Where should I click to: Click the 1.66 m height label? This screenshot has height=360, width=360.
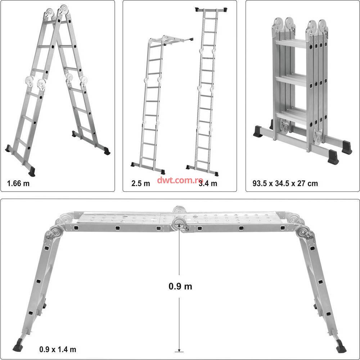pyautogui.click(x=18, y=184)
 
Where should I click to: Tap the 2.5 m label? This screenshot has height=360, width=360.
pyautogui.click(x=141, y=184)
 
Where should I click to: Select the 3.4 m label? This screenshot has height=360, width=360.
pyautogui.click(x=208, y=184)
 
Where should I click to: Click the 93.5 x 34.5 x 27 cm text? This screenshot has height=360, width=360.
pyautogui.click(x=285, y=184)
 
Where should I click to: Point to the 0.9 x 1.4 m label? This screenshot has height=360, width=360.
pyautogui.click(x=58, y=350)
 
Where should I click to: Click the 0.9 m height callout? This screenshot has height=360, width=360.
pyautogui.click(x=180, y=286)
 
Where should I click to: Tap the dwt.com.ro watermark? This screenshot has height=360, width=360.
pyautogui.click(x=180, y=180)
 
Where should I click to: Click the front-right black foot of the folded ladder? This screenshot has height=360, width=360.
pyautogui.click(x=333, y=157)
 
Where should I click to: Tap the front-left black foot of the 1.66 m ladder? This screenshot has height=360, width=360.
pyautogui.click(x=32, y=171)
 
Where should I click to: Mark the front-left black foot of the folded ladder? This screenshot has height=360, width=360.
pyautogui.click(x=258, y=131)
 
